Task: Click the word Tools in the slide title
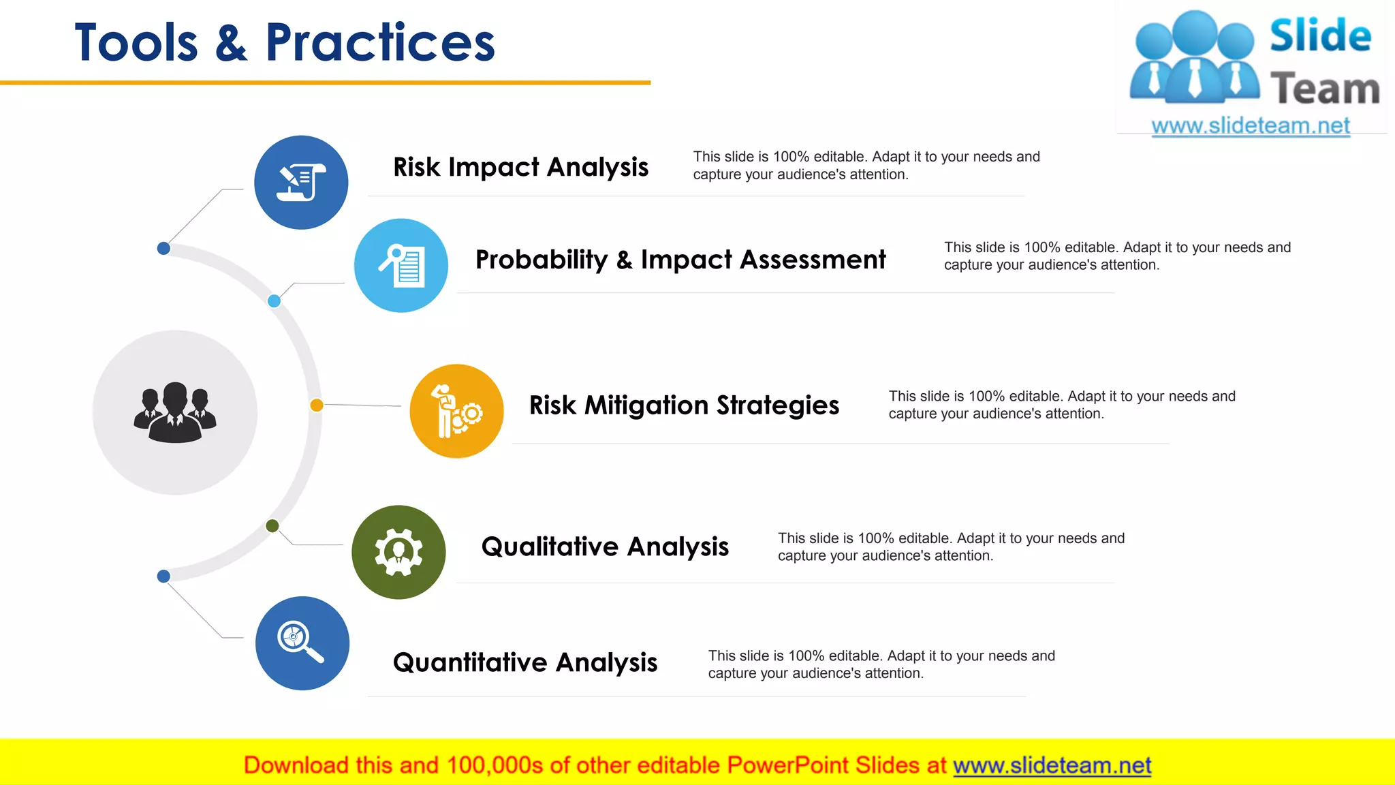point(136,43)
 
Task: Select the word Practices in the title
point(380,43)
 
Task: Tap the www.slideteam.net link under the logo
point(1251,126)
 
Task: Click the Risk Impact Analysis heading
point(520,167)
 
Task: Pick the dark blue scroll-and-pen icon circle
point(301,183)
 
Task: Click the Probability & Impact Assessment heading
point(680,260)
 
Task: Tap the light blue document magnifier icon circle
point(401,266)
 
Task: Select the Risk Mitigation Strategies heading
point(684,405)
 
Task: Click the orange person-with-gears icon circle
point(456,411)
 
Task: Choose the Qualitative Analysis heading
point(605,547)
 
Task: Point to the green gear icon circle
point(398,552)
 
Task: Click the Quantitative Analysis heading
point(525,662)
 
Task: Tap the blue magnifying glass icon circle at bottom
point(302,643)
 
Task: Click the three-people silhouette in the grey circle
point(175,412)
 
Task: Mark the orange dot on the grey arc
point(317,405)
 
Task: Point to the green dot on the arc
point(272,525)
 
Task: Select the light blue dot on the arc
point(274,301)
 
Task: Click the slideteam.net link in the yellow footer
point(1052,766)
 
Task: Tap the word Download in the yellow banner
point(296,766)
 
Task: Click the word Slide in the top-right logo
point(1320,36)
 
